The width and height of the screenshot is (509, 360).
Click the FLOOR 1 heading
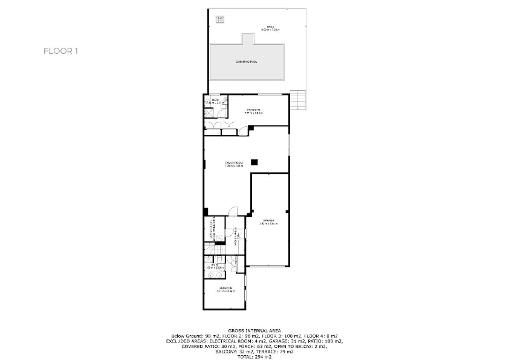60,51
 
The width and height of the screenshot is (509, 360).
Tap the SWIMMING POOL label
247,62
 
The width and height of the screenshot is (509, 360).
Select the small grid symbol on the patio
218,19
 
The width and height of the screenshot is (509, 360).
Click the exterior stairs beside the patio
299,99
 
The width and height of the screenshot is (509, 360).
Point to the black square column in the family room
254,162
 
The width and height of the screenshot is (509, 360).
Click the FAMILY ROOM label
234,164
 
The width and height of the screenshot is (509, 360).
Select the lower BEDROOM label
225,289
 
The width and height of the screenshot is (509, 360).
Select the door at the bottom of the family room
233,212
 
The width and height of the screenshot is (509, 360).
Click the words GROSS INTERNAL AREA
254,330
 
